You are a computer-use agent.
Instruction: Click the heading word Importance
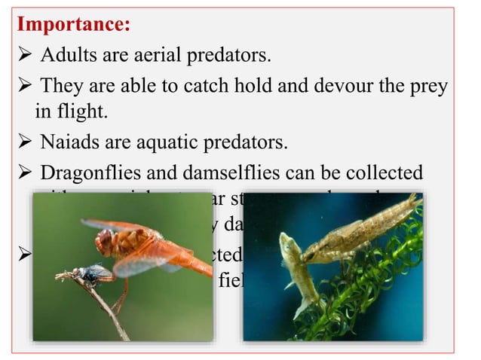[x=73, y=24]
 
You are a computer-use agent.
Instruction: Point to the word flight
[x=81, y=112]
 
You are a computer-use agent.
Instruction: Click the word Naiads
[x=69, y=141]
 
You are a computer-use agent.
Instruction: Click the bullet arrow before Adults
[x=23, y=56]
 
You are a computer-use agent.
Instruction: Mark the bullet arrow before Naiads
[x=23, y=142]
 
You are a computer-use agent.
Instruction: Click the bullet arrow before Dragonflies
[x=23, y=172]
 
